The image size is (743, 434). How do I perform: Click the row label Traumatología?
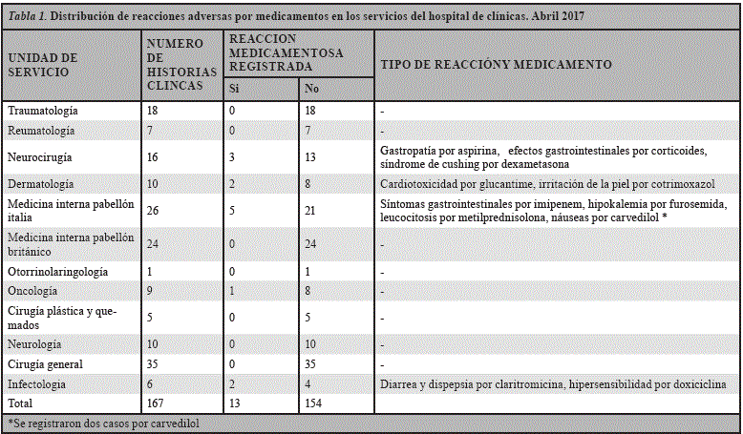tap(43, 112)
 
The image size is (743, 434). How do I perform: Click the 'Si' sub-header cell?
tap(234, 90)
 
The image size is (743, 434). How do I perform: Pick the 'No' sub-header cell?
tap(310, 90)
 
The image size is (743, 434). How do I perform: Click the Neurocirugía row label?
tap(40, 155)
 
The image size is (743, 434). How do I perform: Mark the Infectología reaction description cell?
tap(553, 384)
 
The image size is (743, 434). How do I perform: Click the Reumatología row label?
tap(40, 130)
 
